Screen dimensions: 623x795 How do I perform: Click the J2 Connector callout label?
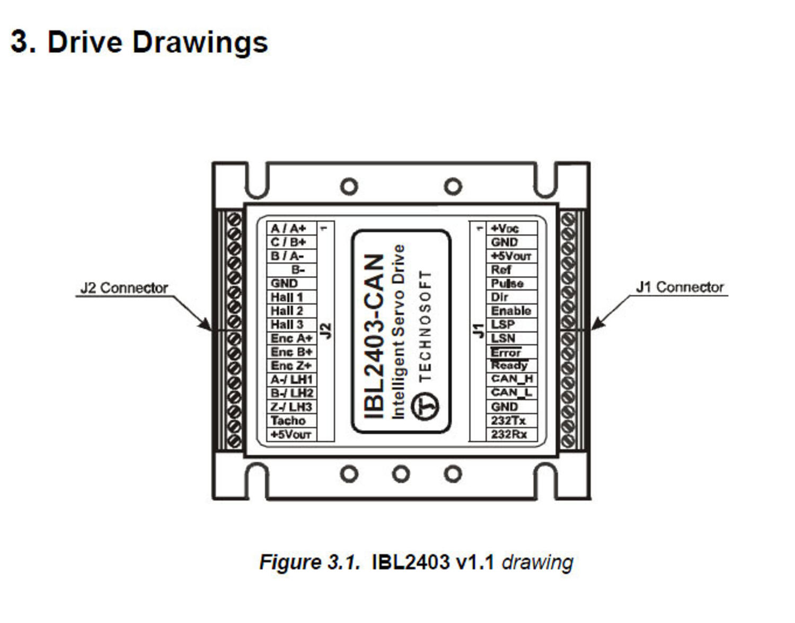(x=124, y=288)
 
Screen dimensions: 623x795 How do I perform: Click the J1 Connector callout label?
(x=679, y=287)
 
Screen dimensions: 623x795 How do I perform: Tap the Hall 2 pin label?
(x=287, y=311)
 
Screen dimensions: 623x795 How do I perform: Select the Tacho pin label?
(x=288, y=421)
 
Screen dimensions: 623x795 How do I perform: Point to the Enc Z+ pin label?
(x=291, y=366)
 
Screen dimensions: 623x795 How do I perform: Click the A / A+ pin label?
(x=288, y=228)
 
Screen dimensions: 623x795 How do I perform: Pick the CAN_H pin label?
(x=511, y=379)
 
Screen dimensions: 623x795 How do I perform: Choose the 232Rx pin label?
(x=509, y=434)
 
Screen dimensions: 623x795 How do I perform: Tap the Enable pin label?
(x=511, y=311)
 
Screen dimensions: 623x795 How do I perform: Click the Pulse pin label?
(x=507, y=283)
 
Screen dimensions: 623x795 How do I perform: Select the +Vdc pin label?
(x=505, y=228)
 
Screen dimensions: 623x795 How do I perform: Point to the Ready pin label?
(x=509, y=366)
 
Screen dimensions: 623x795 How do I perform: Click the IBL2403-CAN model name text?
(x=374, y=336)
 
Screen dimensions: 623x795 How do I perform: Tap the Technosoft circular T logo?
(x=425, y=407)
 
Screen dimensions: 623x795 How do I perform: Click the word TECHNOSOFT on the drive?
(x=425, y=326)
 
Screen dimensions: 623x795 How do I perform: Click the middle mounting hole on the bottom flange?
(x=401, y=474)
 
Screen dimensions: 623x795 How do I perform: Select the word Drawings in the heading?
(x=200, y=42)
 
